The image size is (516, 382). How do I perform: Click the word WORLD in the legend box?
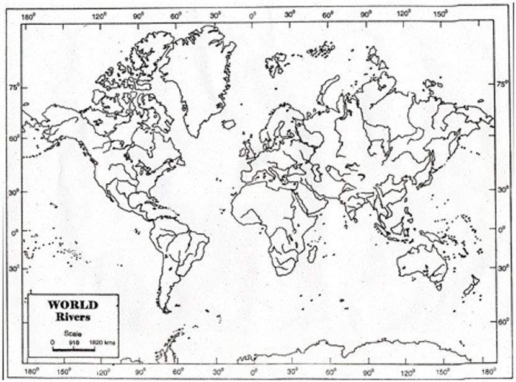(x=73, y=305)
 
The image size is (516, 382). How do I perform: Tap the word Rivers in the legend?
(x=73, y=316)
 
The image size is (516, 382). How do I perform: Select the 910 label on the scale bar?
(x=73, y=342)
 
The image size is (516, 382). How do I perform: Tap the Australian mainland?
(x=422, y=263)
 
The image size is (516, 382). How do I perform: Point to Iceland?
(x=229, y=124)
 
